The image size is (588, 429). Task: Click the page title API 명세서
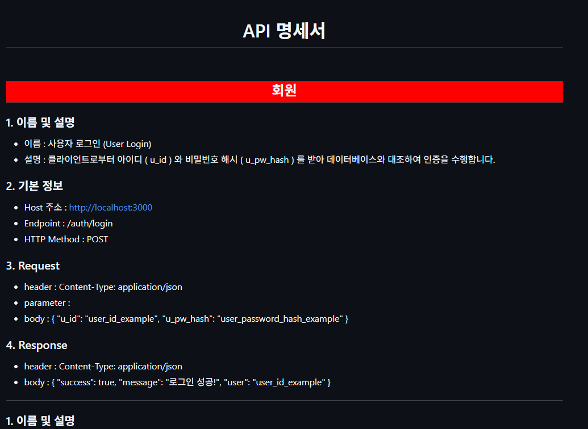click(283, 31)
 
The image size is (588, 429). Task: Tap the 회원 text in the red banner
click(284, 91)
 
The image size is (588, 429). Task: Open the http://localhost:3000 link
click(111, 208)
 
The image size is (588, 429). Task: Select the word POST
click(97, 239)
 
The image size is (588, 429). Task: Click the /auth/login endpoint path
click(90, 224)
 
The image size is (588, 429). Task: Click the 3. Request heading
click(32, 266)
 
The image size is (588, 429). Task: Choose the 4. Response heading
click(36, 345)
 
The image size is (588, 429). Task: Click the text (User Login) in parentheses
click(127, 144)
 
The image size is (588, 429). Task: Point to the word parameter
click(45, 303)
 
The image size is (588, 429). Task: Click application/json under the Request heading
click(151, 287)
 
